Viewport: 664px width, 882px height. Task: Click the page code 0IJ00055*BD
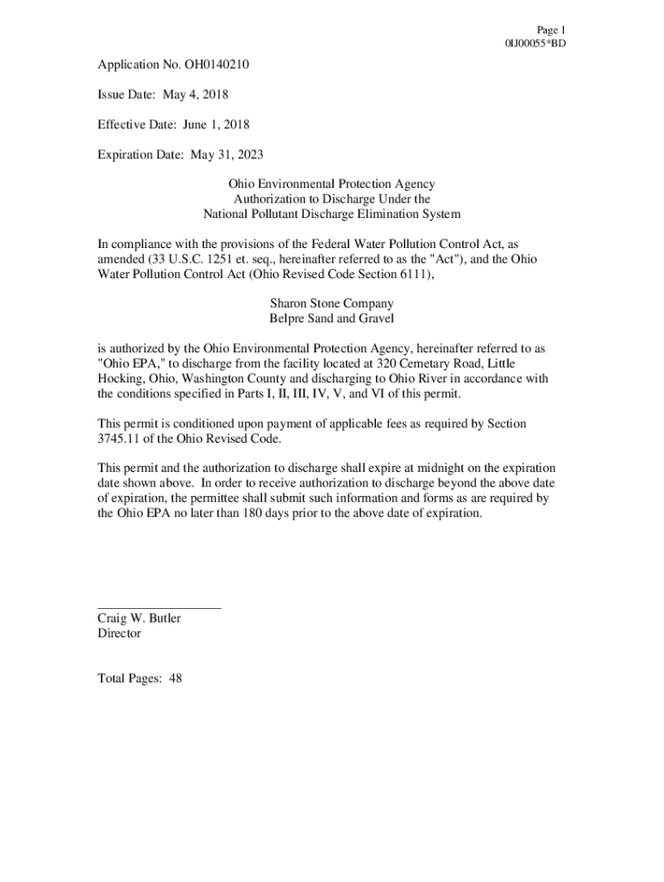pyautogui.click(x=536, y=43)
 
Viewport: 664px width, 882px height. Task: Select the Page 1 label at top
pyautogui.click(x=550, y=29)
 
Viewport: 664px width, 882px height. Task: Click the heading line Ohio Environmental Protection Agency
pyautogui.click(x=331, y=184)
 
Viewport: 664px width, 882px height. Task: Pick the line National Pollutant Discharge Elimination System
pyautogui.click(x=331, y=214)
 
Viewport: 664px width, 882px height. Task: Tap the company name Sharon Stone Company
pyautogui.click(x=331, y=303)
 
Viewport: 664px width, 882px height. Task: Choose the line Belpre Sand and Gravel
pyautogui.click(x=331, y=319)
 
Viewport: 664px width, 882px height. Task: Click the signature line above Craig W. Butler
pyautogui.click(x=160, y=608)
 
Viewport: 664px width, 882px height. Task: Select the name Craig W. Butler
pyautogui.click(x=139, y=618)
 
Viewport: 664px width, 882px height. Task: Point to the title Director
pyautogui.click(x=119, y=633)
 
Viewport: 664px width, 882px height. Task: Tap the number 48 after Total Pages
pyautogui.click(x=175, y=679)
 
